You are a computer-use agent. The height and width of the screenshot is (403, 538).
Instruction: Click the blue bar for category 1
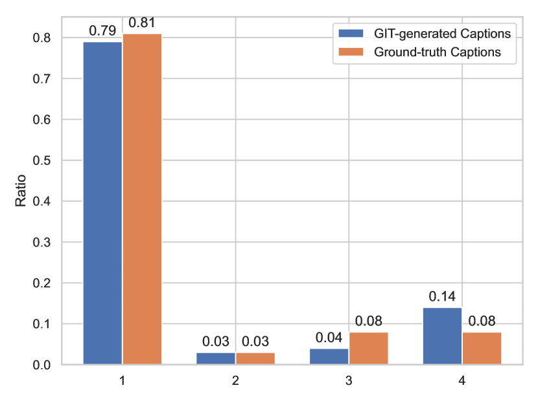coord(102,203)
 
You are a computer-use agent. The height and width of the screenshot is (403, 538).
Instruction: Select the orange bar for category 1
coord(142,199)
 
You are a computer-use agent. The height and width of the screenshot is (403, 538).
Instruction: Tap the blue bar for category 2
coord(216,358)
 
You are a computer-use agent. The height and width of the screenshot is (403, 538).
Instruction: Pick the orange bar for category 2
coord(255,358)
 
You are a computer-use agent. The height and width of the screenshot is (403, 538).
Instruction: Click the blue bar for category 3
coord(329,356)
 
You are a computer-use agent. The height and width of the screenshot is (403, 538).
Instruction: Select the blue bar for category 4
coord(443,336)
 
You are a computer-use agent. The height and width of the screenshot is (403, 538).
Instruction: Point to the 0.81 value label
coord(142,23)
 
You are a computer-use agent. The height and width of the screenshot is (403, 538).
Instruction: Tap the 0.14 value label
coord(443,297)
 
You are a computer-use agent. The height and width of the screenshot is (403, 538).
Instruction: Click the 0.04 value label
coord(329,338)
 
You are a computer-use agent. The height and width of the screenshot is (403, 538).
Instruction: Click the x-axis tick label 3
coord(349,382)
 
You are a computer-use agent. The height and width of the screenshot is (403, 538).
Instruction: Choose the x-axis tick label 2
coord(235,382)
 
